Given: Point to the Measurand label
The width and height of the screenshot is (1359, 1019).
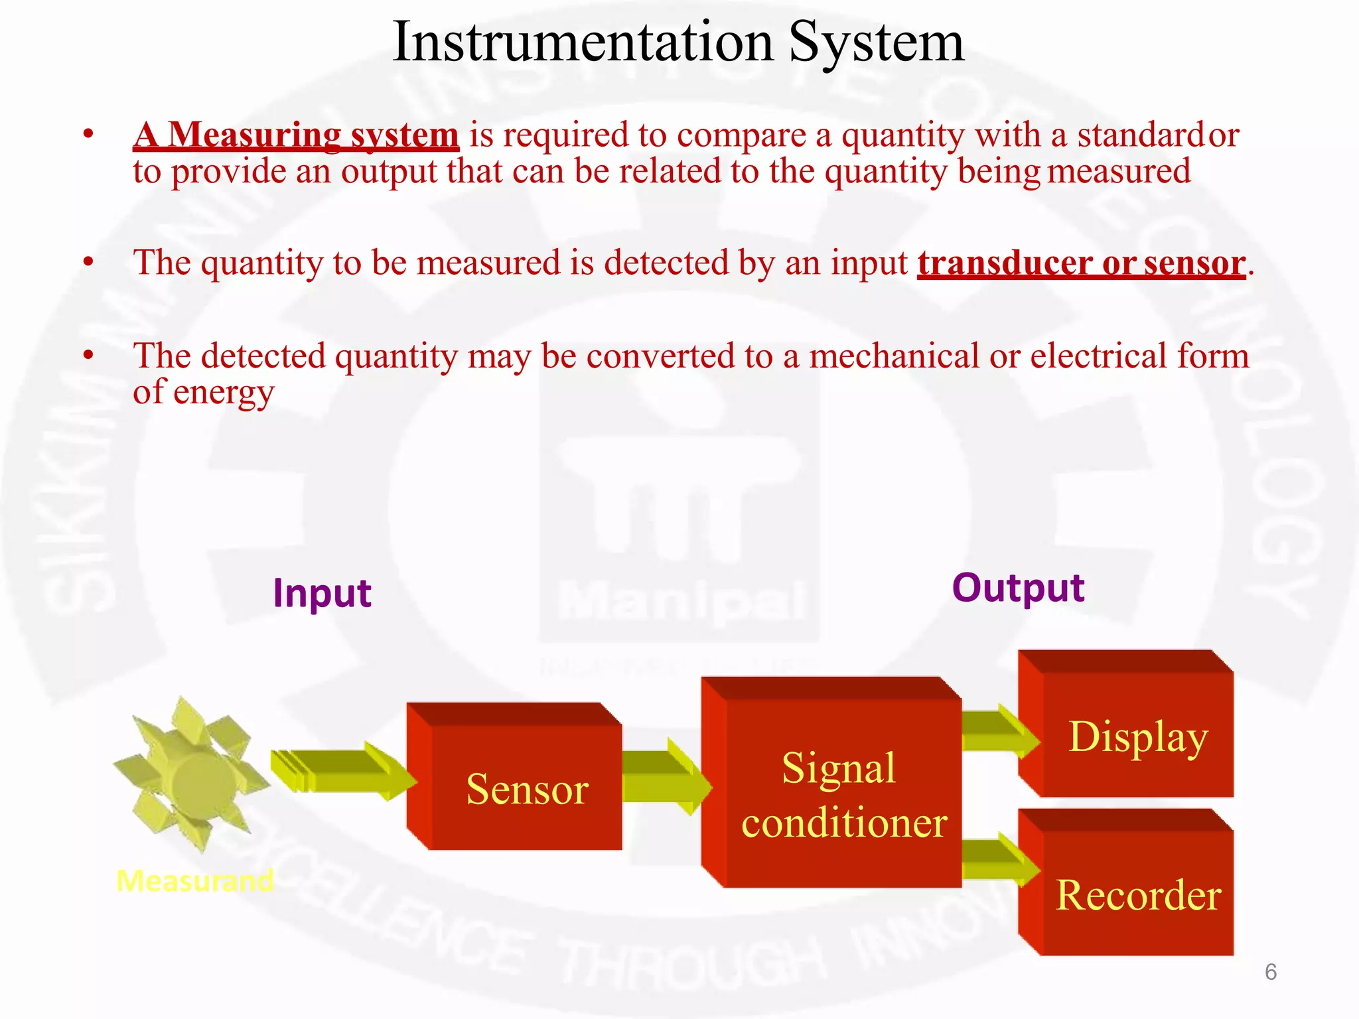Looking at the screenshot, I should [x=194, y=881].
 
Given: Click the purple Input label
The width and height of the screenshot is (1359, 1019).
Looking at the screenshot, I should [x=322, y=593].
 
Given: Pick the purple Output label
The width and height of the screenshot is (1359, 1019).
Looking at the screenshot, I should [x=1018, y=588].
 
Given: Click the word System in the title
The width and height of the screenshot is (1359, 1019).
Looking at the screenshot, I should [x=876, y=42].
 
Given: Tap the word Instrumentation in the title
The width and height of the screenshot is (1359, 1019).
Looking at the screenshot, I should [x=583, y=42].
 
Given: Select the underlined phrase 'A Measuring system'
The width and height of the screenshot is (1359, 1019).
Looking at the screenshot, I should [x=296, y=135].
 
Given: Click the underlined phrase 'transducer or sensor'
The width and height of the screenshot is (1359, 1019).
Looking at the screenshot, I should [x=1081, y=263].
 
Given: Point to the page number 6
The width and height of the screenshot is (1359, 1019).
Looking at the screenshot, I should [x=1270, y=972].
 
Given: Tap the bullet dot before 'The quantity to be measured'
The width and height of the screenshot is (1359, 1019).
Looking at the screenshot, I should [x=88, y=262].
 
